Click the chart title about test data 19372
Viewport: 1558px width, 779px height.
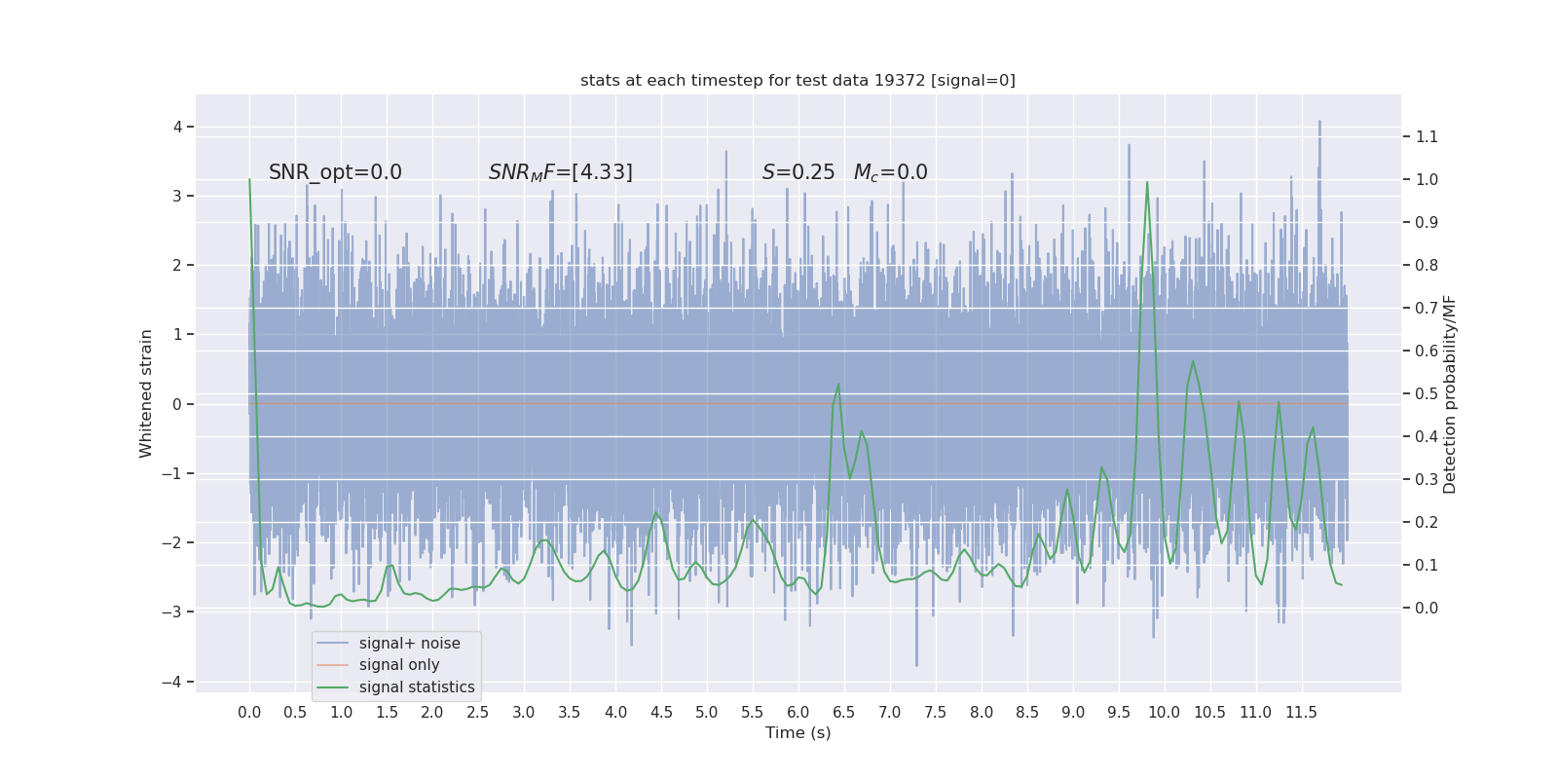click(798, 80)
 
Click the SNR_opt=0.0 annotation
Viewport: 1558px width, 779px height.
click(335, 172)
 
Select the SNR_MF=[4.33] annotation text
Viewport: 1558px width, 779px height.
click(560, 172)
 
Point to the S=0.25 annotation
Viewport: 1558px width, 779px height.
click(798, 172)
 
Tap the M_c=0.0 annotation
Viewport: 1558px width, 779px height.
click(890, 172)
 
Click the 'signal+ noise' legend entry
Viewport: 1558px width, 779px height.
click(409, 644)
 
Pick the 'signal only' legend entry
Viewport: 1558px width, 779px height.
click(399, 665)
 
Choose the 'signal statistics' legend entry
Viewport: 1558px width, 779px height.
click(417, 687)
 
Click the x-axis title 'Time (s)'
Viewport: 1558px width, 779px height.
click(798, 732)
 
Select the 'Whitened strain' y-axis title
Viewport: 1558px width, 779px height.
click(146, 393)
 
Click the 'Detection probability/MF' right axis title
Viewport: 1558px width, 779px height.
click(1450, 393)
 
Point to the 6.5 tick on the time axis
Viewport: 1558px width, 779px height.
click(843, 712)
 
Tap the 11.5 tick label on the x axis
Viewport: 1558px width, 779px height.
click(1301, 712)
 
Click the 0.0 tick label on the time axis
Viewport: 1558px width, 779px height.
click(249, 712)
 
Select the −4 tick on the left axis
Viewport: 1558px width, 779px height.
click(175, 682)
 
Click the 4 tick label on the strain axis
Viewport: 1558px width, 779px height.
click(178, 127)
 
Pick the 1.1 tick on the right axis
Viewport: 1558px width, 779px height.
click(1427, 136)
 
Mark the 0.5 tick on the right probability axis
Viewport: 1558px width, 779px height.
click(1427, 393)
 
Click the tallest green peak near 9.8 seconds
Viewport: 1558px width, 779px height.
click(1147, 182)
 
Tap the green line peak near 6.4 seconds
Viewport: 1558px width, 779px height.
click(838, 385)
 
